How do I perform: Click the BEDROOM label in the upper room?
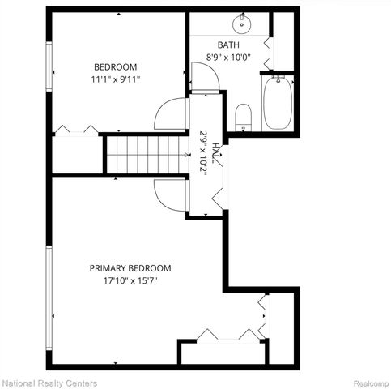(x=115, y=67)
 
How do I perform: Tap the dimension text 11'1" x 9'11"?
(x=115, y=80)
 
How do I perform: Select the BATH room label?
(x=228, y=45)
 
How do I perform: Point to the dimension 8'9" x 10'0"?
(x=228, y=58)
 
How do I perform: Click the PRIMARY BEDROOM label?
(x=130, y=268)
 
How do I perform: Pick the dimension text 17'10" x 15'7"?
(x=130, y=281)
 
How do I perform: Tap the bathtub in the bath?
(x=278, y=103)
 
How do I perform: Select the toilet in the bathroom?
(x=243, y=118)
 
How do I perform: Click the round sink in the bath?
(x=244, y=21)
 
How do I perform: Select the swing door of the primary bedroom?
(x=171, y=194)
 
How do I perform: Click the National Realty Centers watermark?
(x=49, y=383)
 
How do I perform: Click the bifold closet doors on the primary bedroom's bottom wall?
(x=219, y=334)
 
